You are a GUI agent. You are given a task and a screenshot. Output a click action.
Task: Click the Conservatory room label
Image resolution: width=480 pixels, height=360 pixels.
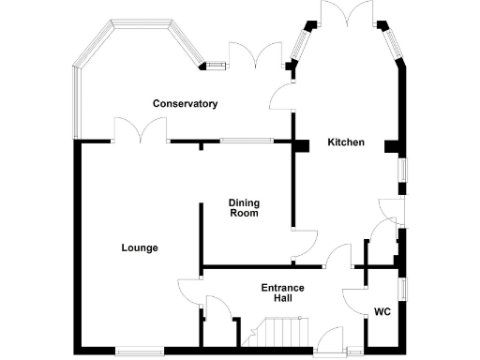(x=187, y=103)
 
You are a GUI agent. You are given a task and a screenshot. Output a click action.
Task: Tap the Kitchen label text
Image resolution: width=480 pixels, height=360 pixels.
(x=345, y=142)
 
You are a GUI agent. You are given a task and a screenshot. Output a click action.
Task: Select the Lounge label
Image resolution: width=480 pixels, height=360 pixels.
(x=139, y=248)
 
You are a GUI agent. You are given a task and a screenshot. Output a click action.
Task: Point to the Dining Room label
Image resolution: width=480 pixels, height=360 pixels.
(x=245, y=207)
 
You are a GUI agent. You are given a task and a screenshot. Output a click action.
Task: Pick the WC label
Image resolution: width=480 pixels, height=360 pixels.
(x=382, y=311)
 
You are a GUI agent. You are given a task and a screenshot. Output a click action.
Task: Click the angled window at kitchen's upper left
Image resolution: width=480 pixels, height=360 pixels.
(x=303, y=42)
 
